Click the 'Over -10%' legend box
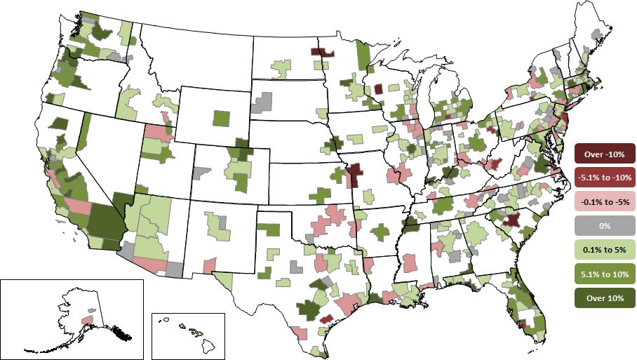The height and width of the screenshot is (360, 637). [605, 153]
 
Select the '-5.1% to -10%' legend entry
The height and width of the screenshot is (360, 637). [605, 178]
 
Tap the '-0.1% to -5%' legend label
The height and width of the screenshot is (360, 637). [605, 201]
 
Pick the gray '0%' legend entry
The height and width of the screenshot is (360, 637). [605, 225]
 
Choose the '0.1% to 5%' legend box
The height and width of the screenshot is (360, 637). [605, 249]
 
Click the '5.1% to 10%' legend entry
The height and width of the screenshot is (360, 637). [605, 273]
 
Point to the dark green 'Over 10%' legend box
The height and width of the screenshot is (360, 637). [605, 298]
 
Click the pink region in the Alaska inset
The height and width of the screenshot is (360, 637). [87, 319]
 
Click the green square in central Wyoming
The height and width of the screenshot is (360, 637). [221, 119]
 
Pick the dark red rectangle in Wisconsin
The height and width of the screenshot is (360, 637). [378, 89]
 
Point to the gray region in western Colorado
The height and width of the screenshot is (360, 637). [201, 171]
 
